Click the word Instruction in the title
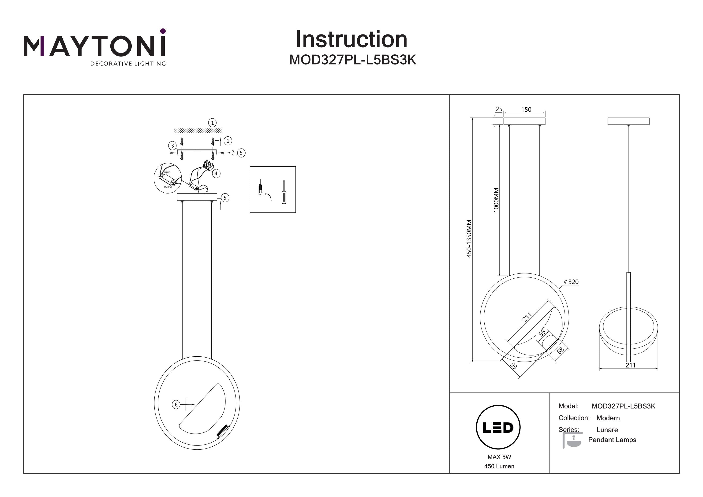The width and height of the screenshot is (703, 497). tap(351, 40)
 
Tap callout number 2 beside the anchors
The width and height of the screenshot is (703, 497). tap(228, 141)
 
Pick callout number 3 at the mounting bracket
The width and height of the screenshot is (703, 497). tap(172, 146)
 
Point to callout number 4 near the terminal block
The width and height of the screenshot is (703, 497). tap(216, 174)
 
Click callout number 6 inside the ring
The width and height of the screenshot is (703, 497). tap(176, 405)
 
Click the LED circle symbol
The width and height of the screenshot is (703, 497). tap(498, 427)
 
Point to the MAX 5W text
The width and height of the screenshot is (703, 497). tap(499, 457)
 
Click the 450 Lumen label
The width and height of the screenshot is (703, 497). tap(499, 466)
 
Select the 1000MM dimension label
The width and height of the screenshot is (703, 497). tap(496, 200)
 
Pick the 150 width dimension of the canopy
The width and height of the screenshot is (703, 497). tap(526, 109)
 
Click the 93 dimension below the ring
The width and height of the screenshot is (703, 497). tap(514, 366)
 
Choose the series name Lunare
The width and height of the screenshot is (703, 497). tap(607, 430)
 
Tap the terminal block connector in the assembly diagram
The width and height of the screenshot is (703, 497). tap(208, 166)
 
